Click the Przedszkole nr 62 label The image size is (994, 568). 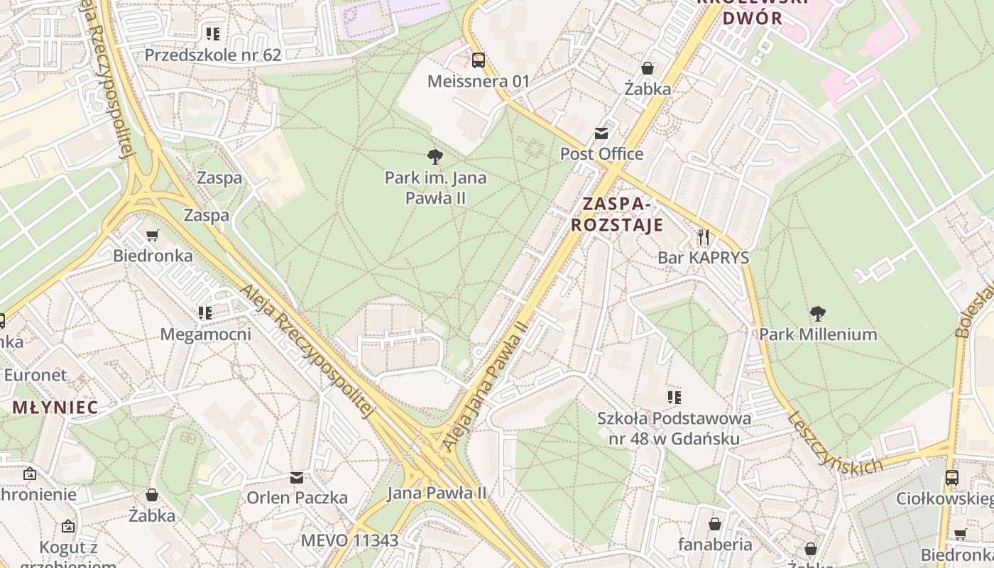point(213,55)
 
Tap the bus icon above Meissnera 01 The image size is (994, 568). point(479,60)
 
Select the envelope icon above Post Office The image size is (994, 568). point(602,133)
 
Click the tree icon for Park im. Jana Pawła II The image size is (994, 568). point(435,157)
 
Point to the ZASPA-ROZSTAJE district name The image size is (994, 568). point(616,214)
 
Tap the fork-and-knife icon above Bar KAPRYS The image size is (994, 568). point(704,236)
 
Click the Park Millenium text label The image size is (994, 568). point(818,334)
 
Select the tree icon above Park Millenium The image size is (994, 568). point(818,313)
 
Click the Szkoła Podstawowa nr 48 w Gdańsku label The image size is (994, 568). point(674,428)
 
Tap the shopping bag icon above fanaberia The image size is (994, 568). point(715,524)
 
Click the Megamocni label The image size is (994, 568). point(206,334)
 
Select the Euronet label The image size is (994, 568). point(35,374)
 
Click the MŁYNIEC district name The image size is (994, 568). point(55,408)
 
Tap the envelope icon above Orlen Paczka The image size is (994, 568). point(297,477)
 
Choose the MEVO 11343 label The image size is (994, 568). point(349,540)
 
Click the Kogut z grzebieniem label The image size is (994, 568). point(68,555)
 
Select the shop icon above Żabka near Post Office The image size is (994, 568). point(648,68)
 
